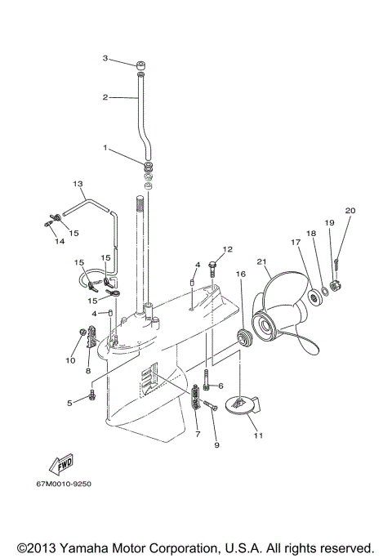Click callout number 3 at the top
click(x=105, y=58)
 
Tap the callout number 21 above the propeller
click(x=262, y=261)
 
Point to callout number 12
click(x=228, y=248)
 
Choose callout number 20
click(x=350, y=211)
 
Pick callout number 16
click(x=240, y=274)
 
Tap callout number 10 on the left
click(x=69, y=359)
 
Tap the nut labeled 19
click(x=336, y=286)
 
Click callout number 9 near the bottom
click(x=216, y=445)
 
